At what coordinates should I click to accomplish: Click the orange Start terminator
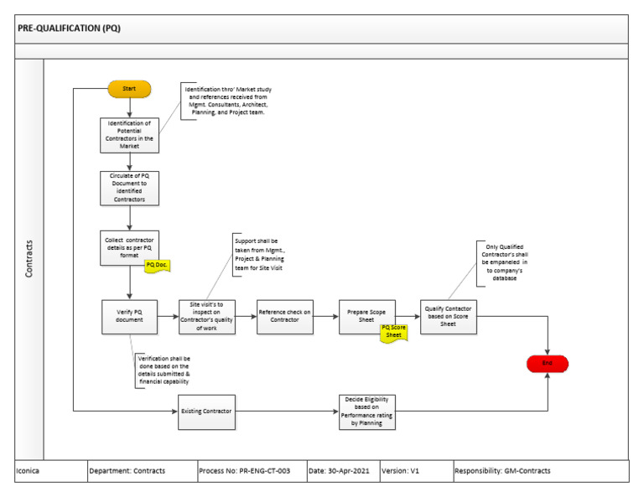coord(129,88)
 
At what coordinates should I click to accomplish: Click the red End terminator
coord(547,363)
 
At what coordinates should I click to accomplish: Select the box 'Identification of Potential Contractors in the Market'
coord(129,134)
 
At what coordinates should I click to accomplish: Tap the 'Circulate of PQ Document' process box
coord(129,188)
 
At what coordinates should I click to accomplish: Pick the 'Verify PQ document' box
coord(129,316)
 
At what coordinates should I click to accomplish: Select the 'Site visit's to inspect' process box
coord(206,316)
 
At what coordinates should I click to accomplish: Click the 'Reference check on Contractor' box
coord(284,316)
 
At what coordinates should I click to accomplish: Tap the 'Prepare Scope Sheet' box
coord(367,316)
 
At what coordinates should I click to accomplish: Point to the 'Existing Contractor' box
coord(206,412)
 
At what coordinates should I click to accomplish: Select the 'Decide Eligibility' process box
coord(366,412)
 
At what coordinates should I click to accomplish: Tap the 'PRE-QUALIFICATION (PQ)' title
coord(70,27)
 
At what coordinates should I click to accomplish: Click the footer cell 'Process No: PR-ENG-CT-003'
coord(245,471)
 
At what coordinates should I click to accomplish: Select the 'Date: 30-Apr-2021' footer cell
coord(342,471)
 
